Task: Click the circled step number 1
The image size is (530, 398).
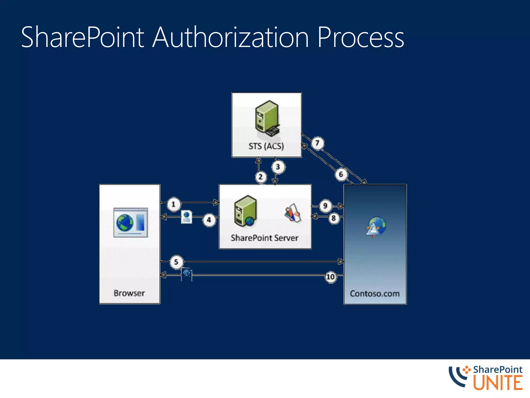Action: click(x=173, y=204)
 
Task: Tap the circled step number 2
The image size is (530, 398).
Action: click(x=261, y=177)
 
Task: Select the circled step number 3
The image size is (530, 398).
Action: click(x=278, y=167)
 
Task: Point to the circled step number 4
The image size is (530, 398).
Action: click(x=209, y=220)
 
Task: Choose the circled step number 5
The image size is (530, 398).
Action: click(x=176, y=262)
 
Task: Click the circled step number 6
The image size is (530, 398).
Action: click(x=341, y=174)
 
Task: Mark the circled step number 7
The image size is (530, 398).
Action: click(x=317, y=143)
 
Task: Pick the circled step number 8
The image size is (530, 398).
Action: click(x=334, y=218)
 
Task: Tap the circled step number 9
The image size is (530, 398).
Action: click(x=325, y=206)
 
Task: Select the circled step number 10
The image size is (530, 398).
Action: click(x=330, y=277)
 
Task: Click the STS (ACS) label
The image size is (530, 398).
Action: click(x=266, y=146)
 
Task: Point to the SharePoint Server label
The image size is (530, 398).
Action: click(x=264, y=238)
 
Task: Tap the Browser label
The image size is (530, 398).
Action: click(x=129, y=293)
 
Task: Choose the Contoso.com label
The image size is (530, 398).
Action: click(x=375, y=294)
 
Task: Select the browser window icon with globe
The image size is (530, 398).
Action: click(x=131, y=222)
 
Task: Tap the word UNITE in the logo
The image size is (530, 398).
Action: click(x=498, y=383)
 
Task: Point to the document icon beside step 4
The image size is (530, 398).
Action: click(x=187, y=217)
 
